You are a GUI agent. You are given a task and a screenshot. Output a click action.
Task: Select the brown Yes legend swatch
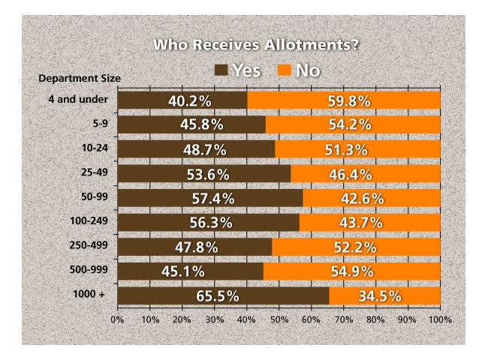coord(221,70)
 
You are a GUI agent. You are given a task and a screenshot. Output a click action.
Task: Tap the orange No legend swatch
coord(284,70)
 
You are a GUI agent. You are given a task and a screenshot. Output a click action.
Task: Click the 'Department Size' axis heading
coord(80,78)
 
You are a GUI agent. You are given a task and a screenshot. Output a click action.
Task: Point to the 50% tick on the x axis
coord(279,319)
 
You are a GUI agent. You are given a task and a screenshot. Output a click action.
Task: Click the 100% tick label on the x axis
coord(440,319)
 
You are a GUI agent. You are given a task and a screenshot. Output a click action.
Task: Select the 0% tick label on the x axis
coord(117,319)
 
